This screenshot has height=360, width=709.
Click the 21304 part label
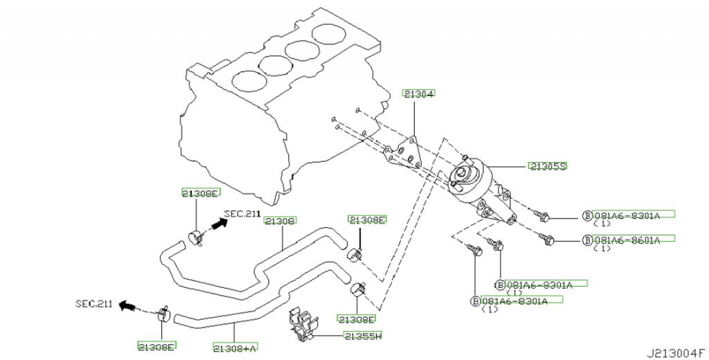(x=419, y=94)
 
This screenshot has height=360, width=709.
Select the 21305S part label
(x=548, y=166)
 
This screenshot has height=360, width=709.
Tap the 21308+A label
(x=235, y=348)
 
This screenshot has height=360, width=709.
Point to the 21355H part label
(x=363, y=336)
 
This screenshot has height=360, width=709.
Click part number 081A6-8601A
(x=627, y=240)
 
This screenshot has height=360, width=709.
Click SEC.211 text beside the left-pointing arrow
(x=93, y=304)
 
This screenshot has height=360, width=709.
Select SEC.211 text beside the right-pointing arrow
(x=242, y=213)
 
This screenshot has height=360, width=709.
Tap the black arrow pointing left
(x=127, y=306)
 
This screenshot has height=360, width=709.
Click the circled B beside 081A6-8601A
(x=587, y=240)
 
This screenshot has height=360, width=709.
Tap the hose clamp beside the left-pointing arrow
(x=163, y=313)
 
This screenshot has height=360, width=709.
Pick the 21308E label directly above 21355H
(x=357, y=319)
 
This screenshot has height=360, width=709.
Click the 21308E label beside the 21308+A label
(x=156, y=347)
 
